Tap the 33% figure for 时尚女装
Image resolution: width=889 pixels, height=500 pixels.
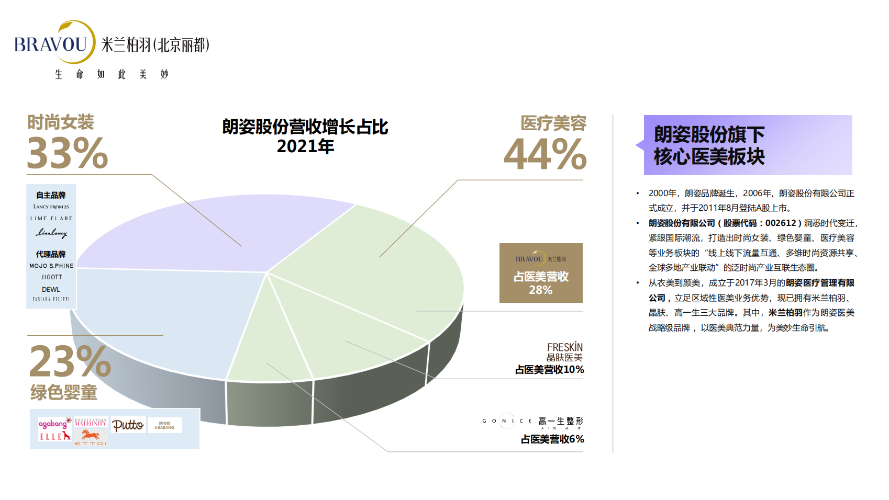67,153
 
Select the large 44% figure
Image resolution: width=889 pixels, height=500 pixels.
545,154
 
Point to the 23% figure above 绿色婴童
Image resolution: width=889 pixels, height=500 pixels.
70,361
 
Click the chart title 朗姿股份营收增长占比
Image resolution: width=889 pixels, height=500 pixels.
305,127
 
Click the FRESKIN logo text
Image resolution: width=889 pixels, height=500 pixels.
564,347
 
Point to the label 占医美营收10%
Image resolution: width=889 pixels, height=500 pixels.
549,370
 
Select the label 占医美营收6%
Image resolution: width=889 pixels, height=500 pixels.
552,439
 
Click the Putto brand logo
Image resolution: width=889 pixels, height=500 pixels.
128,425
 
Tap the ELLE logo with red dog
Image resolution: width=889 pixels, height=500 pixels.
54,436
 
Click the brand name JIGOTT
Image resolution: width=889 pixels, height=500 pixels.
51,277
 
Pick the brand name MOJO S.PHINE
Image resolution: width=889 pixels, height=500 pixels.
51,266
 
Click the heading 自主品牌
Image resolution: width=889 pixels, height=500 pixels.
51,195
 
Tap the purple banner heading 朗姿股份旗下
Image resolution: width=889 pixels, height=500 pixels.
709,134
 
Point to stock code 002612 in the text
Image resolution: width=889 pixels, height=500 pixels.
781,223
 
